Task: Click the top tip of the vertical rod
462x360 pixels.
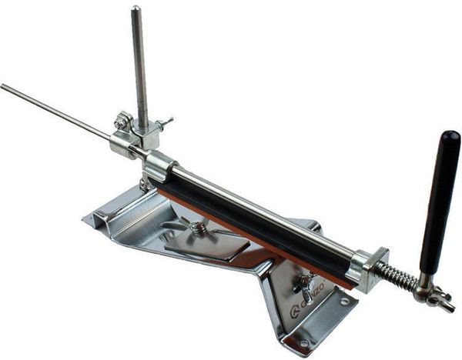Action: (x=136, y=10)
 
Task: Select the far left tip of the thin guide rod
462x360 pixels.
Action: (x=2, y=85)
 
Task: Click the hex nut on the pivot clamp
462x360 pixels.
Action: (x=121, y=121)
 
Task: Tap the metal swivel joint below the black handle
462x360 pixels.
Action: (x=431, y=295)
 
